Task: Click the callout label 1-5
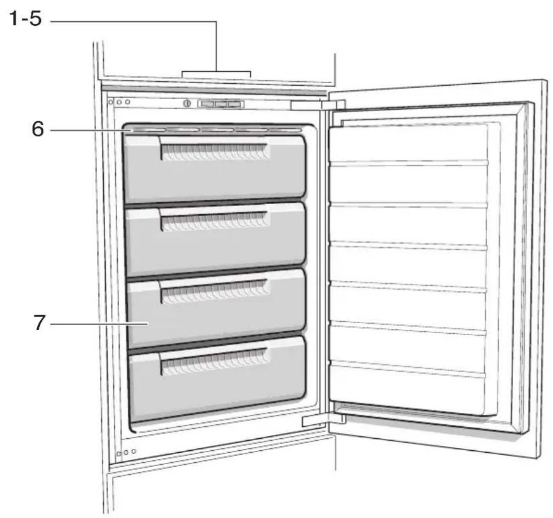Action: pyautogui.click(x=25, y=18)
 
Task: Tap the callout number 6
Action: pyautogui.click(x=38, y=129)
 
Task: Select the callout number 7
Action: pyautogui.click(x=39, y=322)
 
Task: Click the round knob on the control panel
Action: pyautogui.click(x=187, y=104)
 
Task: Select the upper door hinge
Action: pyautogui.click(x=318, y=105)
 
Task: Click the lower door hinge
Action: pyautogui.click(x=323, y=420)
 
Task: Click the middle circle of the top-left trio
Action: pyautogui.click(x=119, y=102)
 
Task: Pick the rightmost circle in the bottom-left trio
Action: pyautogui.click(x=134, y=451)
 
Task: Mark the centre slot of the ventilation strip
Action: pyautogui.click(x=217, y=129)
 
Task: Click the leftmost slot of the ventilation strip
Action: pyautogui.click(x=148, y=129)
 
